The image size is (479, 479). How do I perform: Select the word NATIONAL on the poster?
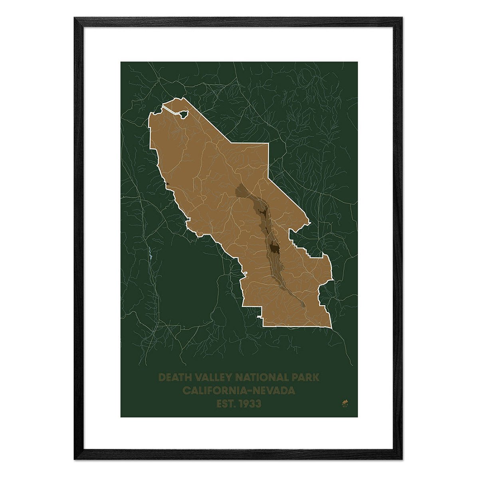[x=262, y=377]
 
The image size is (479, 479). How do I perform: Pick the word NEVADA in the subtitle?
[x=276, y=390]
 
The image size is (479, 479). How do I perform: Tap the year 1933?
[x=250, y=404]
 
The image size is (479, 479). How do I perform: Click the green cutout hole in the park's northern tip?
[x=184, y=114]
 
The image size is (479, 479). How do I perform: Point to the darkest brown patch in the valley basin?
[x=274, y=248]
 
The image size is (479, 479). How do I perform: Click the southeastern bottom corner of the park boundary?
[x=331, y=329]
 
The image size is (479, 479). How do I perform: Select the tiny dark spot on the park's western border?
[x=168, y=183]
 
